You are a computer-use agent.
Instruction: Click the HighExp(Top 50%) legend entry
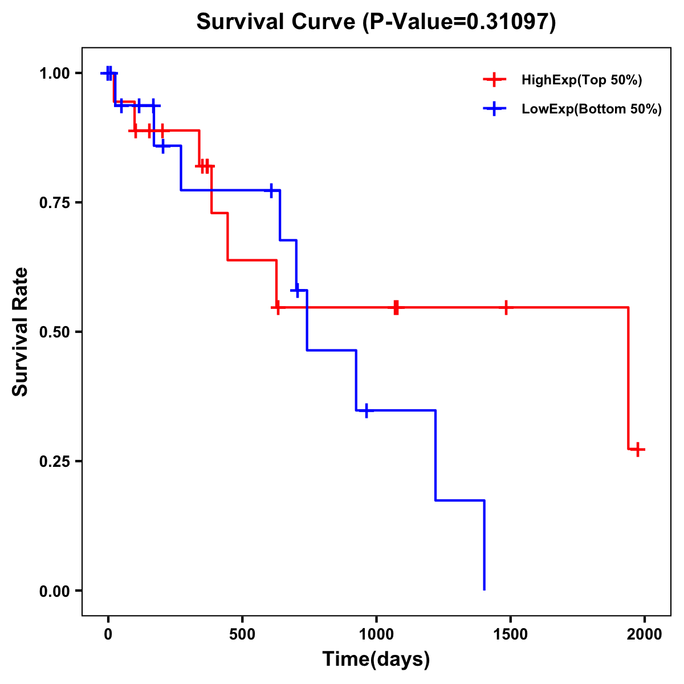coord(581,80)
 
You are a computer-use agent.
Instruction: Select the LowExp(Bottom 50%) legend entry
coord(591,109)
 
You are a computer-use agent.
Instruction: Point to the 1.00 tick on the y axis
coord(54,74)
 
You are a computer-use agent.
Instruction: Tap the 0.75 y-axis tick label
coord(54,203)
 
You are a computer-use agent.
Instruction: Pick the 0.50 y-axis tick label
coord(54,332)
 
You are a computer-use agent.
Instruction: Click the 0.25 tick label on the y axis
coord(54,462)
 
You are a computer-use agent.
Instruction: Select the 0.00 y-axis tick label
coord(54,591)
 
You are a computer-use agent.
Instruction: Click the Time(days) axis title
coord(376,659)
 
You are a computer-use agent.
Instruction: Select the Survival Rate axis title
coord(21,332)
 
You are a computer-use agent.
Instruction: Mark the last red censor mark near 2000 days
coord(638,449)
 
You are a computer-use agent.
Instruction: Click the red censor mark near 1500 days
coord(506,307)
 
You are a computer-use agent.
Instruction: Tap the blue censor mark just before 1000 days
coord(367,410)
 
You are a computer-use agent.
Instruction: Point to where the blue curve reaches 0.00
coord(484,589)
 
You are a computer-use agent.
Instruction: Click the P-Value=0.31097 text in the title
coord(459,22)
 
